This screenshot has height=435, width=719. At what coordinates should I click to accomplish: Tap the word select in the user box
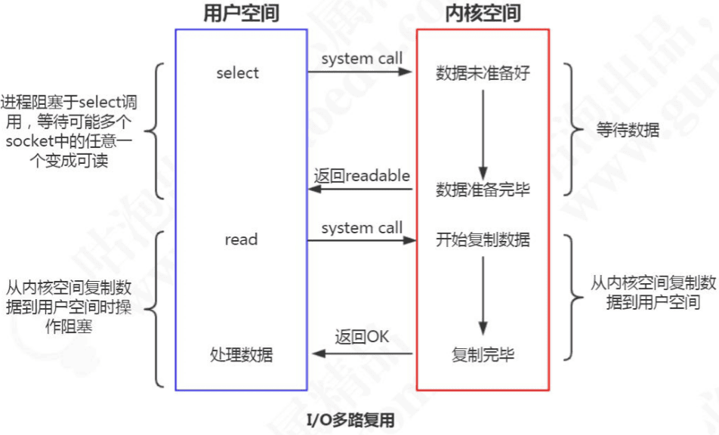(237, 73)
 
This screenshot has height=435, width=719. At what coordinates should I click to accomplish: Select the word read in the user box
(241, 240)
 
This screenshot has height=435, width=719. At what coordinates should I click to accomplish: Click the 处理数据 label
(242, 355)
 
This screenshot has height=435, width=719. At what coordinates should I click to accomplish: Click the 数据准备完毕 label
(483, 190)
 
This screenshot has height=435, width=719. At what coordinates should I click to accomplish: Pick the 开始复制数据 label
(483, 240)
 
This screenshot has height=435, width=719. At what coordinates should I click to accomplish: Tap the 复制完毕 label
(483, 354)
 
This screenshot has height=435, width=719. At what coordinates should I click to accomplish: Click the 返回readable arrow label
(362, 176)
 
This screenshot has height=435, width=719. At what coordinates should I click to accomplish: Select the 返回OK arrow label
(362, 337)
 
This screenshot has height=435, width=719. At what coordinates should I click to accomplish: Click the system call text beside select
(362, 59)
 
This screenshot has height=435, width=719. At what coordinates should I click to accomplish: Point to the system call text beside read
(362, 227)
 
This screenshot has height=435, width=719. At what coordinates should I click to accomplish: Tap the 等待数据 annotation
(627, 130)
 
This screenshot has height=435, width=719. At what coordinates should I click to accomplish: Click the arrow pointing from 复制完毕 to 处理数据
(362, 353)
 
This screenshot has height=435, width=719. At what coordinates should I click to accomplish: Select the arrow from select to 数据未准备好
(360, 72)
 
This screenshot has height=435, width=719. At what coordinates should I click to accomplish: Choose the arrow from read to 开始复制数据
(362, 241)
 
